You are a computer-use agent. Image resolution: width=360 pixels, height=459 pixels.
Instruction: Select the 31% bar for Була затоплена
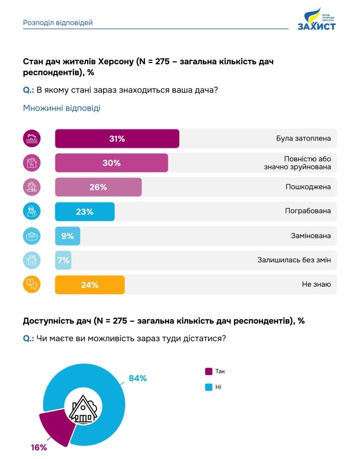point(117,139)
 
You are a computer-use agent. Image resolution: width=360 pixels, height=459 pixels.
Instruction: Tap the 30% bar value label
point(112,163)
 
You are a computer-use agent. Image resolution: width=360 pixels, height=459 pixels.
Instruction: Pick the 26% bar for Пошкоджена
point(98,187)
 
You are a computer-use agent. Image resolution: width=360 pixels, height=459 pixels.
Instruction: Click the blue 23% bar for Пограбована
point(85,211)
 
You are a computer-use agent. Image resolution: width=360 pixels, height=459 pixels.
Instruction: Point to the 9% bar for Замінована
point(67,236)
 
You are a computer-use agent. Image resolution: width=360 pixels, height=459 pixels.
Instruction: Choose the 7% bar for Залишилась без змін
point(63,260)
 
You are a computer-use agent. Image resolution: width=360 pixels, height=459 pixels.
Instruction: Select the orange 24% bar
point(90,285)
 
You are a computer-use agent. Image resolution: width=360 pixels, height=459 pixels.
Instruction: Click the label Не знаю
point(316,285)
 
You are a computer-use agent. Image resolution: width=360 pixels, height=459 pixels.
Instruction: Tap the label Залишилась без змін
point(294,260)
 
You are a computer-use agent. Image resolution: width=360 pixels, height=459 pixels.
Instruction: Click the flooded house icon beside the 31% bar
point(32,139)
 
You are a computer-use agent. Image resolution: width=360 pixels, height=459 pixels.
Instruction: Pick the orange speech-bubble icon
point(32,285)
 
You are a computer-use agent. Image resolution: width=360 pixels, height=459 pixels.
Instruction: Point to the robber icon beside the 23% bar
point(32,211)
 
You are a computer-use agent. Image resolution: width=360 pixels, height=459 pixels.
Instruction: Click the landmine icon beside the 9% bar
point(32,236)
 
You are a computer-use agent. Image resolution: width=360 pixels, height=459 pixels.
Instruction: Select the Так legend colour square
point(209,371)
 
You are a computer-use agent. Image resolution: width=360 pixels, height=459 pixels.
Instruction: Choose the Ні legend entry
point(214,387)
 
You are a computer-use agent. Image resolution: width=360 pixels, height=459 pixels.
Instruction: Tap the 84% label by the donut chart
point(138,378)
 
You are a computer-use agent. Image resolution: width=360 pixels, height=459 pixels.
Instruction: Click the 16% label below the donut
point(39,447)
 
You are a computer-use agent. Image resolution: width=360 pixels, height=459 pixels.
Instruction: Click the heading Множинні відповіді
point(61,108)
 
